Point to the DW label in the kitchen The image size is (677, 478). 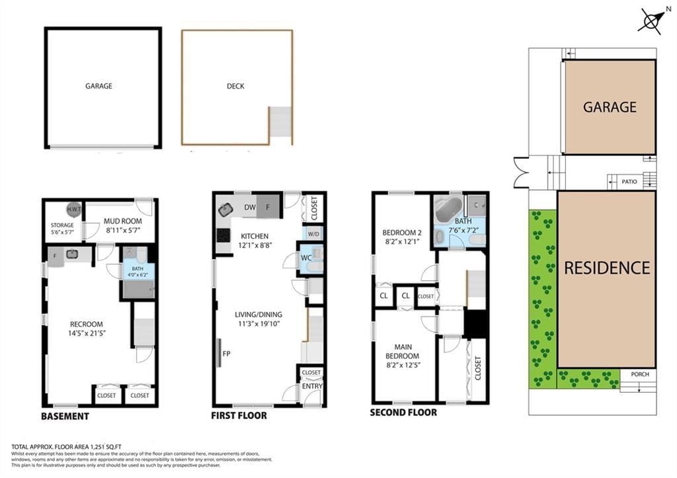coord(249,207)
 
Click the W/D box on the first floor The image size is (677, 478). coord(313,234)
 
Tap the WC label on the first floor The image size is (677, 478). coord(306,258)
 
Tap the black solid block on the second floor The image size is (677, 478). coord(475,323)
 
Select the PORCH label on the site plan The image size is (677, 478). coord(639,374)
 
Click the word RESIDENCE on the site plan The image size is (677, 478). coord(606,268)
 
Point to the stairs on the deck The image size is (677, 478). coord(280,122)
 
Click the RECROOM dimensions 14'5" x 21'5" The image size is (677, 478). coord(86,333)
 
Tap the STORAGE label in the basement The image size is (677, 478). coord(63,225)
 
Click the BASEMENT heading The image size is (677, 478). coord(65,417)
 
